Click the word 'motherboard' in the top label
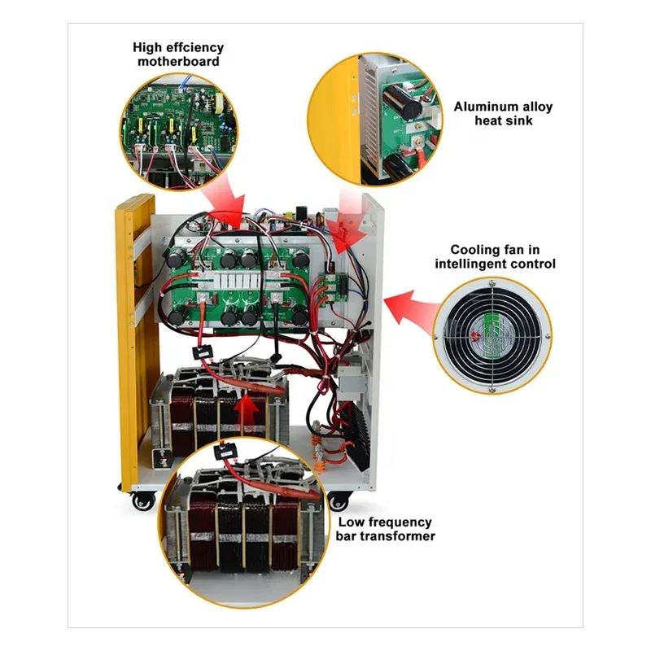click(177, 62)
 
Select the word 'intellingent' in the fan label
click(476, 264)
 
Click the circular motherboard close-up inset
click(179, 122)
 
